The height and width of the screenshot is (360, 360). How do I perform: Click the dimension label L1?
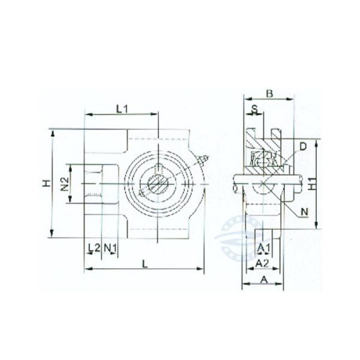point(122,109)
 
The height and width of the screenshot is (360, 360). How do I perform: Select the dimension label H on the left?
point(46,182)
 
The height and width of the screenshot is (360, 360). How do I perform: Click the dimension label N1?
point(110,247)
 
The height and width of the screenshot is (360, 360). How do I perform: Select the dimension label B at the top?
point(269,93)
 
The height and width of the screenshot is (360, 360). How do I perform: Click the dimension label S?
point(254,109)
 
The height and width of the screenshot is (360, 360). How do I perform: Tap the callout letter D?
point(303,146)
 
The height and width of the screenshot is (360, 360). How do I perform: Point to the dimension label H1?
point(312,184)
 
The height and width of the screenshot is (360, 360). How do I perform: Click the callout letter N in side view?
point(304,212)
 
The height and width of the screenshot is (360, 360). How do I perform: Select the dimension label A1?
point(263,248)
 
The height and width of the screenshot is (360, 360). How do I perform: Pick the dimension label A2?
point(262,263)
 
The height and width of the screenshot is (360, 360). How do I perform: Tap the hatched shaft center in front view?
point(158,183)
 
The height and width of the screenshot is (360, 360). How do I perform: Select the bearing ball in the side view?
point(263,160)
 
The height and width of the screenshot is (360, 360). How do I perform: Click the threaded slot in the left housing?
point(92,183)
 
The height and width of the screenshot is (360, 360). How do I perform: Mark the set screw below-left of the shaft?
point(142,193)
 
